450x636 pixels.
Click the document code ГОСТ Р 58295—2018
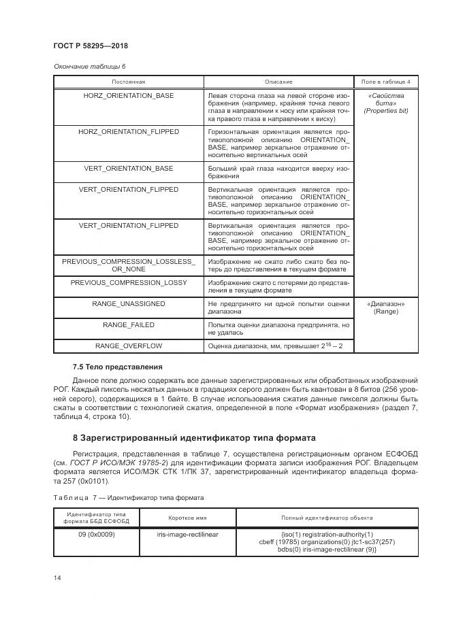click(x=91, y=46)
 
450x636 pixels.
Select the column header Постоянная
click(x=128, y=82)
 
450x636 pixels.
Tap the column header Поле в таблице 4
click(x=385, y=82)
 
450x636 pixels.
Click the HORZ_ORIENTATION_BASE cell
click(x=128, y=96)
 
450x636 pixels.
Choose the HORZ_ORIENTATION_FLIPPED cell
click(x=128, y=131)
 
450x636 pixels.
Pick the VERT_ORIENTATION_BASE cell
click(x=128, y=167)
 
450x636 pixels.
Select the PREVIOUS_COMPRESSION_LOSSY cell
click(x=128, y=282)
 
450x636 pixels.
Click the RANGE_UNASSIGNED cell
click(x=128, y=303)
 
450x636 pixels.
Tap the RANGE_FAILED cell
click(x=128, y=324)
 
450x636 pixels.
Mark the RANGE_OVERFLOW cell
click(x=128, y=346)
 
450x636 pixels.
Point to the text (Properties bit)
click(x=385, y=110)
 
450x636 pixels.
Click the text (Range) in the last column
click(x=385, y=311)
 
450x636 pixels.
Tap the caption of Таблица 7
click(x=128, y=497)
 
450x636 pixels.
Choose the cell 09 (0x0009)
click(x=96, y=534)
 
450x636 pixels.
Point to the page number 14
click(x=57, y=578)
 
